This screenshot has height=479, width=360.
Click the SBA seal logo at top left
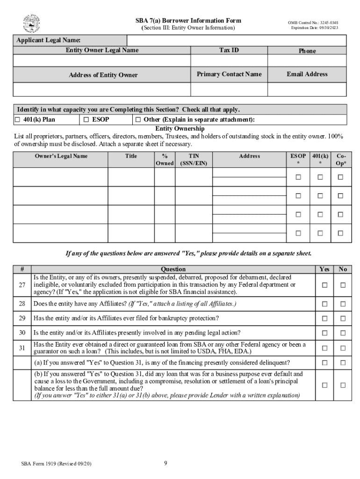point(31,24)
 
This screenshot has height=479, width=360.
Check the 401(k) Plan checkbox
point(17,120)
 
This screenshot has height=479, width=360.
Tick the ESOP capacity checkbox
point(86,120)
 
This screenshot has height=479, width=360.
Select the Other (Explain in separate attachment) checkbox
point(138,120)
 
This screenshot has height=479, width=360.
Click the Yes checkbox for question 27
point(324,285)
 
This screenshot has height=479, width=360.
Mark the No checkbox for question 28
point(343,304)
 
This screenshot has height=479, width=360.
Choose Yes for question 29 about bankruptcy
point(324,319)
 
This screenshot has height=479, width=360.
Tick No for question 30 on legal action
point(343,333)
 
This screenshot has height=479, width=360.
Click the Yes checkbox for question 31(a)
point(324,363)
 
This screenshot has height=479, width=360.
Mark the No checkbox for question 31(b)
point(343,385)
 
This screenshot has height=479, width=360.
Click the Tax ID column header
point(229,50)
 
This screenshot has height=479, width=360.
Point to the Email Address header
point(307,74)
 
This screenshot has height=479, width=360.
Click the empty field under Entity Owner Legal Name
point(101,61)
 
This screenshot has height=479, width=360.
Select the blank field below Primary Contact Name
point(229,89)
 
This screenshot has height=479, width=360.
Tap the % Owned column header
point(165,160)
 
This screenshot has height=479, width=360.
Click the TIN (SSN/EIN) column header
point(193,160)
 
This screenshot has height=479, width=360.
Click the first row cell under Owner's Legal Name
point(60,177)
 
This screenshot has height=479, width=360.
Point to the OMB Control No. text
point(313,22)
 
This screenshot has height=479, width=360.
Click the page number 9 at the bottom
point(166,464)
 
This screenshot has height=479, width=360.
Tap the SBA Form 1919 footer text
point(56,464)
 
